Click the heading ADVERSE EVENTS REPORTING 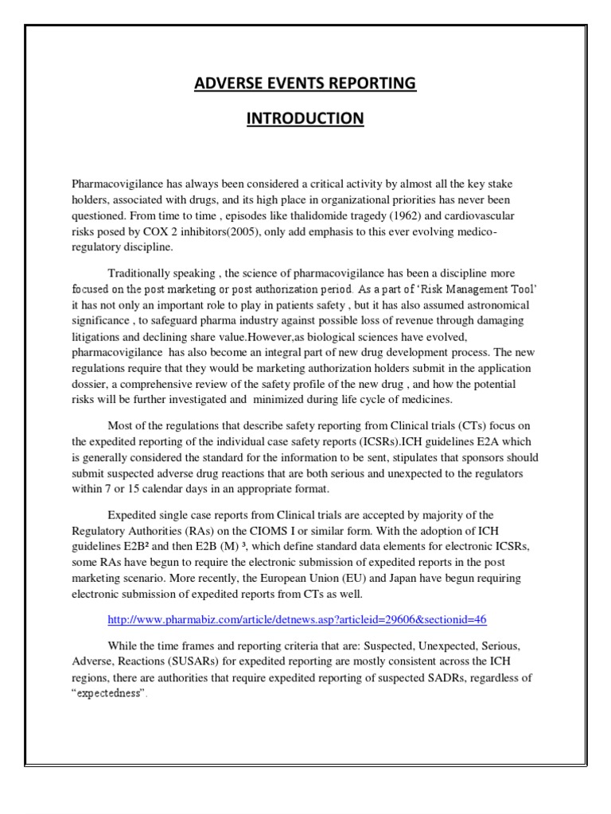point(305,83)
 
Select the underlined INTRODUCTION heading point(305,118)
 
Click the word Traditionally point(142,274)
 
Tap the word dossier point(91,384)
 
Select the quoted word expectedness point(108,693)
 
